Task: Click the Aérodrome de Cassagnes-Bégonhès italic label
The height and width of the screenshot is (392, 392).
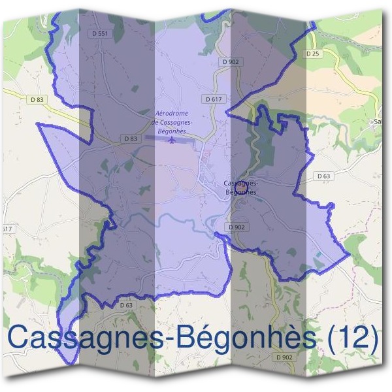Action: (x=169, y=122)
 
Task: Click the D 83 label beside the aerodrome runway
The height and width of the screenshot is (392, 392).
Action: (x=131, y=139)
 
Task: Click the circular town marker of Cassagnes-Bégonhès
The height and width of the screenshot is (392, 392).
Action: (x=240, y=186)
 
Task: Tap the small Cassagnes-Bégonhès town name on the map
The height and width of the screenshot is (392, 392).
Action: (x=240, y=188)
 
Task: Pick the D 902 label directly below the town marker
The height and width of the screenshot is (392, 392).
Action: (x=237, y=227)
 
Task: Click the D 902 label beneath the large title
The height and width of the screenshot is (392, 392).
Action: (x=284, y=357)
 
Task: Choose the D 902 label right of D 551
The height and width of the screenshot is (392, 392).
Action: (x=231, y=61)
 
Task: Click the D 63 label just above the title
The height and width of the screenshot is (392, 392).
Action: (x=126, y=304)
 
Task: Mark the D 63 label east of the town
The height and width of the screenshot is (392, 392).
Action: (x=324, y=176)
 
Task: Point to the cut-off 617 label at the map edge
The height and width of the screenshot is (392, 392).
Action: (x=7, y=229)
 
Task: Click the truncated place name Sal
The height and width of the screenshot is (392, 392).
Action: (x=377, y=121)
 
